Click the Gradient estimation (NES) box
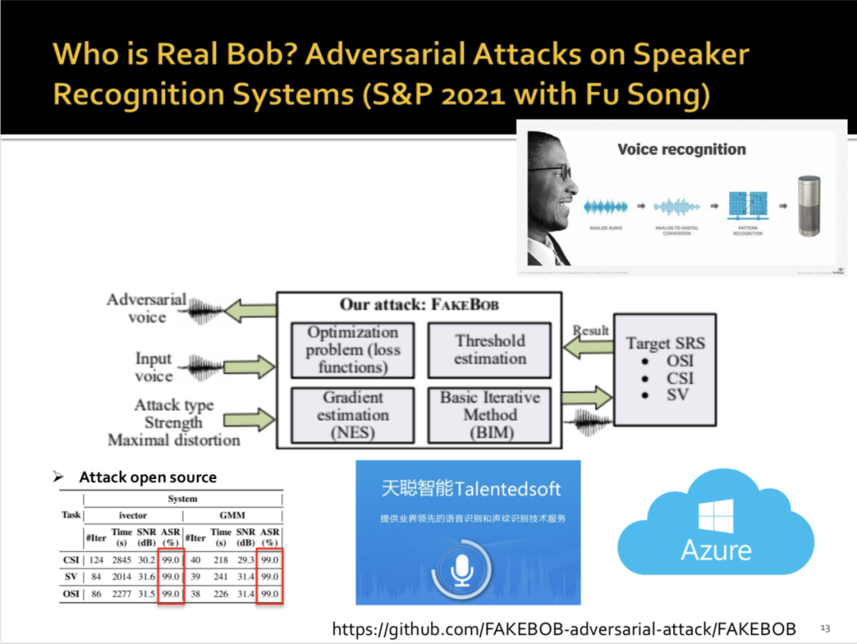352,415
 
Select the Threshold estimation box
490,350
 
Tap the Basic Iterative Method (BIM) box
490,415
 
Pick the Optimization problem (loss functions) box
352,350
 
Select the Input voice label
153,368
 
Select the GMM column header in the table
232,516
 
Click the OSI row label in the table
71,593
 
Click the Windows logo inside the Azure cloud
716,516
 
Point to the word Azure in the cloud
716,550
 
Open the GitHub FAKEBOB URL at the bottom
563,629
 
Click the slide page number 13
824,628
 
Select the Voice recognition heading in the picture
682,149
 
